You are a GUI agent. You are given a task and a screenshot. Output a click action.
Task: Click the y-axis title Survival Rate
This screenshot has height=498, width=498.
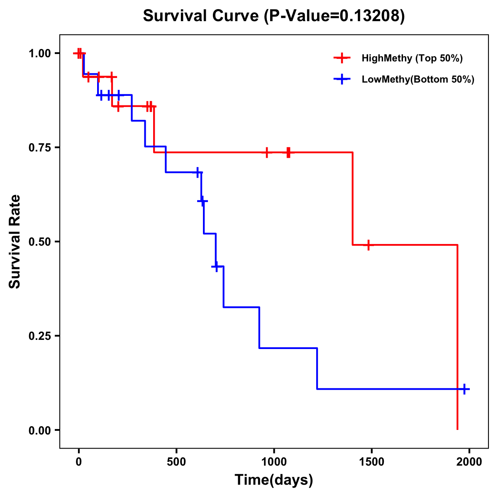[x=15, y=242]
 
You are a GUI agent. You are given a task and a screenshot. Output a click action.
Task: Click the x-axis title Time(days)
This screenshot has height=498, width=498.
[x=274, y=480]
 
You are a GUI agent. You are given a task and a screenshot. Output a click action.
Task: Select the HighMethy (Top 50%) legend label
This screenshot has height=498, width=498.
[x=412, y=58]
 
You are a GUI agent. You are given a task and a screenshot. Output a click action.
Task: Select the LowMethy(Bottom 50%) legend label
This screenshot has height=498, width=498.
[x=418, y=79]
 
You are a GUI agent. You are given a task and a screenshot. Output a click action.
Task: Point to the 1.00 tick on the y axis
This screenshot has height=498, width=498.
[x=39, y=53]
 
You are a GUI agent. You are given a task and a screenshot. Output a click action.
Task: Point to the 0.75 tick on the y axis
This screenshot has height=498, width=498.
[x=39, y=147]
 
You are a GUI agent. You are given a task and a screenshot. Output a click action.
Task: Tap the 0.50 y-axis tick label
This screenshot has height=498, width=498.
[x=39, y=242]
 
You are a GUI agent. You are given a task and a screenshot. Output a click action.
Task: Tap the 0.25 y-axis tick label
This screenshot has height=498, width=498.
[x=39, y=336]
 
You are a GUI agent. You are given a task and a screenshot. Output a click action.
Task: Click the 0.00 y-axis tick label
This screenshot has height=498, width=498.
[x=39, y=430]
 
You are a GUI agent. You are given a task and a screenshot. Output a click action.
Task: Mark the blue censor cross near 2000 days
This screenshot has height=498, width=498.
[x=464, y=389]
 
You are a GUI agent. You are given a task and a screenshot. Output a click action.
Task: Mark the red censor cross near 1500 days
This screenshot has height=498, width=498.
[x=368, y=245]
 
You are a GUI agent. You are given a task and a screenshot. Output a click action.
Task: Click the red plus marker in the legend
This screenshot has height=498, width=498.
[x=342, y=58]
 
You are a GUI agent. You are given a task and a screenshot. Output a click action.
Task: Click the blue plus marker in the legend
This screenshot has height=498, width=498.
[x=342, y=79]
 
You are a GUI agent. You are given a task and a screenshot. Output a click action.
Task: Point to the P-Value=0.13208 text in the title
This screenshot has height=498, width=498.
[x=334, y=16]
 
